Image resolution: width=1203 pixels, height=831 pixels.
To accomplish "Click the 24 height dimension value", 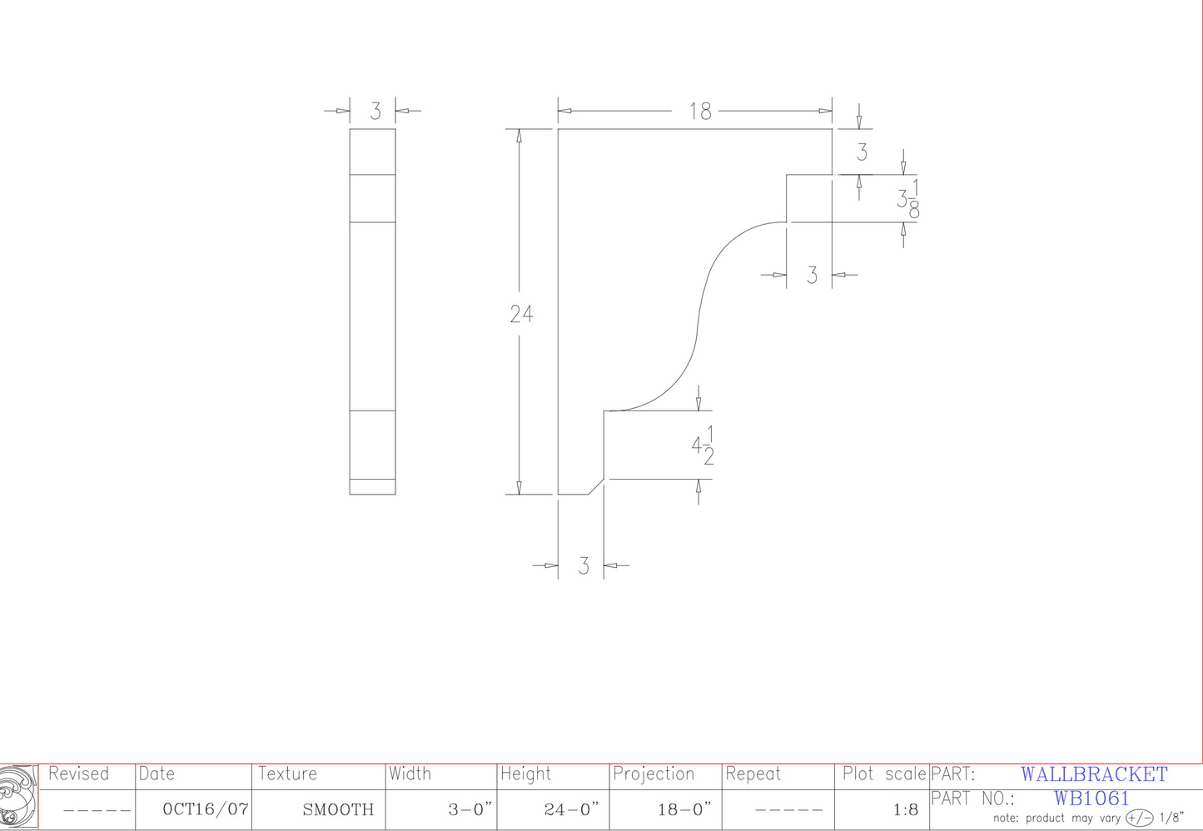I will point(521,314).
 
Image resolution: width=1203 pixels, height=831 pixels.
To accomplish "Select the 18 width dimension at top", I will point(700,111).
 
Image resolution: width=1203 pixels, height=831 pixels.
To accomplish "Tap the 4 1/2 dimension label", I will point(703,445).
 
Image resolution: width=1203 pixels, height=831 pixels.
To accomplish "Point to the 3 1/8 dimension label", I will point(907,198).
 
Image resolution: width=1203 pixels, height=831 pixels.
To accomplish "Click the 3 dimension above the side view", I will point(375,111).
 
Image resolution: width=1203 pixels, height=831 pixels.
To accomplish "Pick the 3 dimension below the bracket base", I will point(584,566).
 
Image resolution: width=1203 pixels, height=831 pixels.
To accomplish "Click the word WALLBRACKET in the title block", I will point(1094,774).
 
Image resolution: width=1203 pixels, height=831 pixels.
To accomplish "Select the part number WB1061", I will point(1091,798).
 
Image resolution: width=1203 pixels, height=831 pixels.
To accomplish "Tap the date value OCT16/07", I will point(205,809).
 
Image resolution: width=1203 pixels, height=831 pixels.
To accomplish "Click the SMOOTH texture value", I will point(338,809).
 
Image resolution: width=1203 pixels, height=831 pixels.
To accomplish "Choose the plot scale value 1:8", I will point(905,809).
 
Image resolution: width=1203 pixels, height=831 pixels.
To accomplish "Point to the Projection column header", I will point(654,774).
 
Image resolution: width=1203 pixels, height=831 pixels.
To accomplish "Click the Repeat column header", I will point(753,774).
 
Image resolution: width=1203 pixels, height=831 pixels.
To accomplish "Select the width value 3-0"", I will point(470,809).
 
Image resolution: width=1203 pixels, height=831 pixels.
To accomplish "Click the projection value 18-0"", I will point(684,809).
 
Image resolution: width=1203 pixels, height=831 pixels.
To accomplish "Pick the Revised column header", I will point(78,774).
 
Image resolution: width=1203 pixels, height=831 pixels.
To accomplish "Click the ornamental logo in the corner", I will point(18,797).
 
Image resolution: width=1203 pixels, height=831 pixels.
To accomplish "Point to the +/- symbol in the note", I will point(1140,818).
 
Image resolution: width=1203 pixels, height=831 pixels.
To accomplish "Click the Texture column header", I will point(287,774).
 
